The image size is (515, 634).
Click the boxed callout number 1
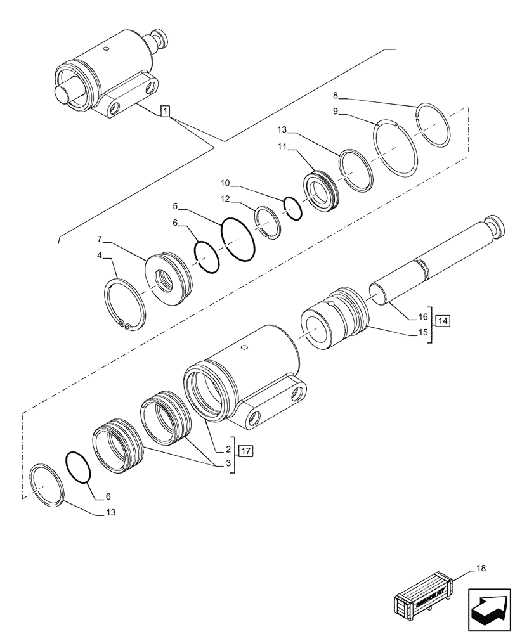pyautogui.click(x=164, y=112)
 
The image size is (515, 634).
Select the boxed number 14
pyautogui.click(x=443, y=321)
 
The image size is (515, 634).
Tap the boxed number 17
pyautogui.click(x=246, y=451)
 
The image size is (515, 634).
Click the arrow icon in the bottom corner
pyautogui.click(x=489, y=610)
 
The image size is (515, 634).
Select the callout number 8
pyautogui.click(x=336, y=96)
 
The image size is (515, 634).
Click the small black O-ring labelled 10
pyautogui.click(x=292, y=208)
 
